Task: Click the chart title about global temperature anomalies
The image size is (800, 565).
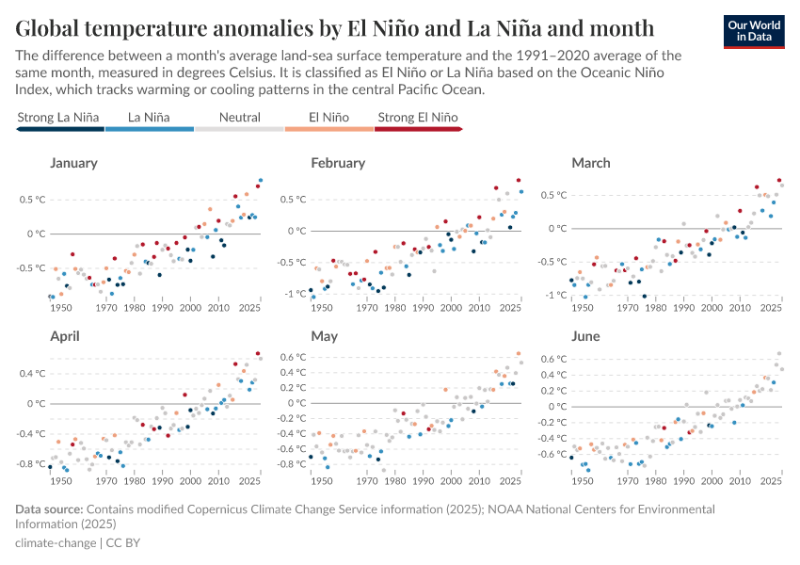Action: [335, 25]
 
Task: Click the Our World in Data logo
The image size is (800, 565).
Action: [754, 30]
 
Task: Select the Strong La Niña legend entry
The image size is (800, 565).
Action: [58, 118]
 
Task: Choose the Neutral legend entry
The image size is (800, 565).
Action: [239, 118]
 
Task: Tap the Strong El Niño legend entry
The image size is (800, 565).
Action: [417, 118]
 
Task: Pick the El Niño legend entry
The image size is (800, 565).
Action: [328, 118]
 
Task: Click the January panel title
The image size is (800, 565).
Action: [73, 163]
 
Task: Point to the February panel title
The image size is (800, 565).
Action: [338, 163]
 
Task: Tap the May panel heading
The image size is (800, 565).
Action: [324, 335]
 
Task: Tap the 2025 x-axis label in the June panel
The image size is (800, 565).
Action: [771, 481]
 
